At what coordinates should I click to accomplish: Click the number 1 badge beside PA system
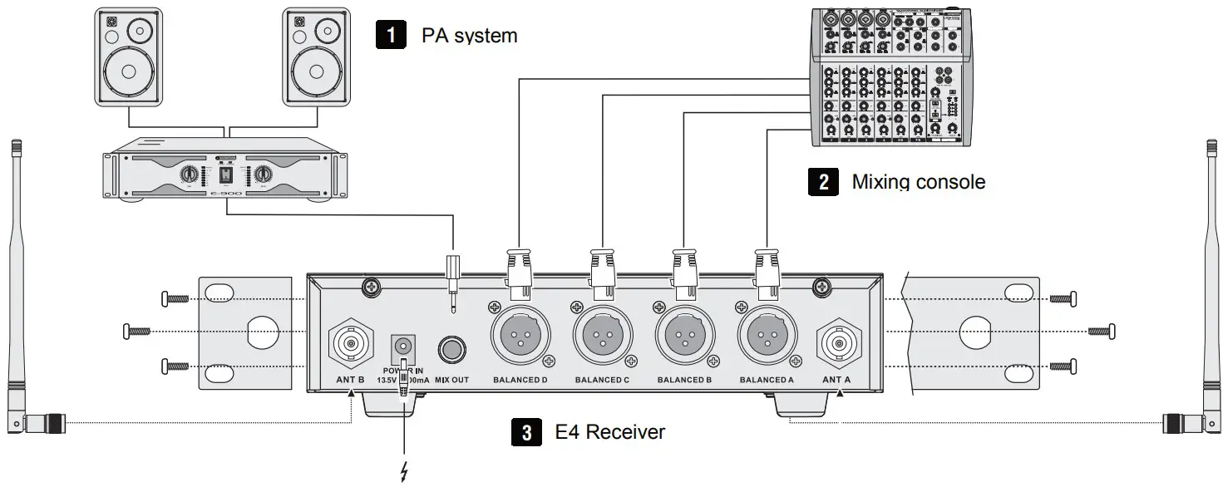(x=391, y=35)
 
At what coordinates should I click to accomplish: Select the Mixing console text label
(x=918, y=182)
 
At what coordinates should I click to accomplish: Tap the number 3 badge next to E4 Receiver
(x=525, y=431)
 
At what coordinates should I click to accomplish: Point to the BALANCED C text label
(x=602, y=381)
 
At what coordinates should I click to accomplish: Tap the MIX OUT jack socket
(x=453, y=347)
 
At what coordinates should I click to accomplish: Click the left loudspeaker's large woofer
(x=128, y=71)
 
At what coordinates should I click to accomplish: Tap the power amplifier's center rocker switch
(x=224, y=174)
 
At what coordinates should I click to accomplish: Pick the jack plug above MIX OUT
(x=454, y=279)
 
